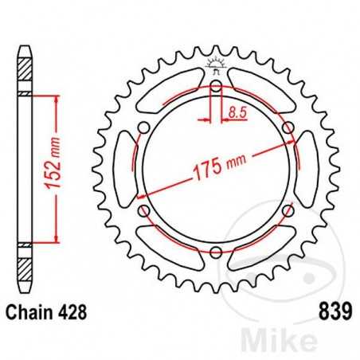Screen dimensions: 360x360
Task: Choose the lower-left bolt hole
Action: click(x=144, y=211)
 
